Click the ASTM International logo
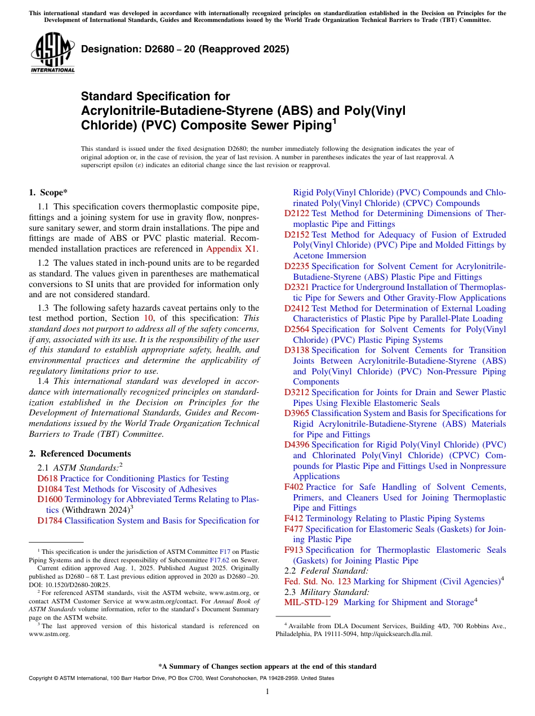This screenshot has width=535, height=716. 52,53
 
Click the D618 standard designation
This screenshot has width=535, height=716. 47,478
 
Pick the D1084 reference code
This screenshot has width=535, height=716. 50,489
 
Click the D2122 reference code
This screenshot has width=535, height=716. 297,213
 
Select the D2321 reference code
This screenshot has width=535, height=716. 297,287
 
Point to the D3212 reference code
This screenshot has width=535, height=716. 297,392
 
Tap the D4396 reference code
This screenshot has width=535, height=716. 297,445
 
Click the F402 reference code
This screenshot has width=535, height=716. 294,487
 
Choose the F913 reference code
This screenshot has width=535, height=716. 294,550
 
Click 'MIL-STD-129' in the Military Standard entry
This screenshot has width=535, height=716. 311,602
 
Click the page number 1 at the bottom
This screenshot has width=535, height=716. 267,692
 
